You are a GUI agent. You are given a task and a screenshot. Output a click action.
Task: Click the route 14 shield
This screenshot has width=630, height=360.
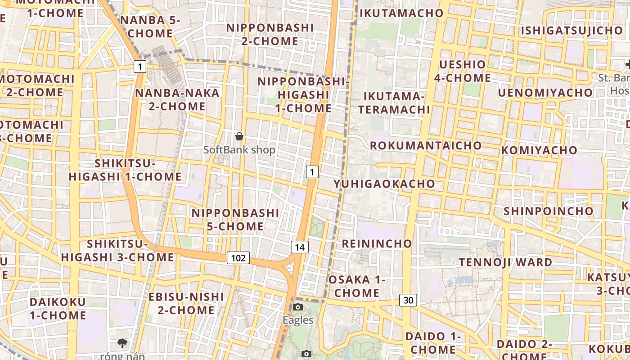[300, 247]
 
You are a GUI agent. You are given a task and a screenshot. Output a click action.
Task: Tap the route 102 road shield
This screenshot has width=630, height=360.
[238, 258]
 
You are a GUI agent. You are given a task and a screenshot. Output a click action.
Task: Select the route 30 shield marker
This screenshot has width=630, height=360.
[408, 300]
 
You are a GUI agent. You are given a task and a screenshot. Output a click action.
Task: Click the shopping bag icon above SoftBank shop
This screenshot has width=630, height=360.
[239, 136]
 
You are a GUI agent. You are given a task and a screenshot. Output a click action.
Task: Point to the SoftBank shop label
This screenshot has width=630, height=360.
[239, 150]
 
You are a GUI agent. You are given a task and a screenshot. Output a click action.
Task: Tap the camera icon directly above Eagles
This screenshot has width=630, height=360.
[297, 307]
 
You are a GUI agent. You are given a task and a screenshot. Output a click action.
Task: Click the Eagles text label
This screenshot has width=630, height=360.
[298, 320]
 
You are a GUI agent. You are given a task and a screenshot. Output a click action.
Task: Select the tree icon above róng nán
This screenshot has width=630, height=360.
[122, 343]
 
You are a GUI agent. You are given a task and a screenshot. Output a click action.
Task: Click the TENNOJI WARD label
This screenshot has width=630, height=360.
[505, 262]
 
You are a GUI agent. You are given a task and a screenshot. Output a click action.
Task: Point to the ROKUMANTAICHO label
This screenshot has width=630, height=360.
[426, 145]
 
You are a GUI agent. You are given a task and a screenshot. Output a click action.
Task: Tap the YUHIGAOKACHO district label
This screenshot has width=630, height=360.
[384, 184]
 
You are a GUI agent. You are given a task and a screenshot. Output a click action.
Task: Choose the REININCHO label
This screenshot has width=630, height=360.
[377, 243]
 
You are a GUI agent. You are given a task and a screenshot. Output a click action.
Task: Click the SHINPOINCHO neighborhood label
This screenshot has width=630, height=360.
[549, 211]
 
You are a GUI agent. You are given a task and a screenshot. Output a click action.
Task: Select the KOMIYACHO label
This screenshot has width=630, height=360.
[539, 150]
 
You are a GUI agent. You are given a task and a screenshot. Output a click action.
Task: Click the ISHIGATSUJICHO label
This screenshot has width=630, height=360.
[571, 31]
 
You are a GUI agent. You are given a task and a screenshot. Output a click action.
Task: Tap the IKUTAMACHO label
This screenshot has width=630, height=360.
[402, 13]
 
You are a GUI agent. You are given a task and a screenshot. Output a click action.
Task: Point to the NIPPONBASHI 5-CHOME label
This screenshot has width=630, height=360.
[236, 219]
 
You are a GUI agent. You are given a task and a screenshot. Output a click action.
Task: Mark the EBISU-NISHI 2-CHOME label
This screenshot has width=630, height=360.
[186, 303]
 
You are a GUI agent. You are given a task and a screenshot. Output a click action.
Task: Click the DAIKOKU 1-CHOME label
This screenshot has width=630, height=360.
[58, 308]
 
